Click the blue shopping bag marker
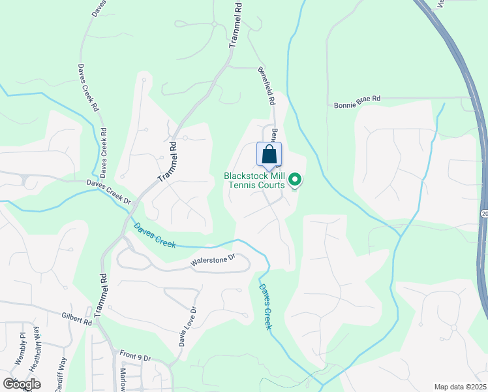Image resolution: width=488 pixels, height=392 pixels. pos(269,155)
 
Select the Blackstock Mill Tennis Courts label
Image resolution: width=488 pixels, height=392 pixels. pos(254,180)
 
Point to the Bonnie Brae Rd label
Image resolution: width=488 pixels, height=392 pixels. pos(357,102)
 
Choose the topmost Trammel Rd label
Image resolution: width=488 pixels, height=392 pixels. pos(236,25)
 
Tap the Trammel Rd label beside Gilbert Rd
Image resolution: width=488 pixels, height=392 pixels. pos(102,296)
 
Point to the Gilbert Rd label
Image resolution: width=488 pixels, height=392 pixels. pos(78,318)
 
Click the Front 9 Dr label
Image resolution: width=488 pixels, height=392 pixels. pos(135,355)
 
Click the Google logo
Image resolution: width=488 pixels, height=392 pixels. pos(21,384)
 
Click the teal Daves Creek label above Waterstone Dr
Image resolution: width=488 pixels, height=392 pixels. pos(154,235)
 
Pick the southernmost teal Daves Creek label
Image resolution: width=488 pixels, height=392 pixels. pos(264,306)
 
